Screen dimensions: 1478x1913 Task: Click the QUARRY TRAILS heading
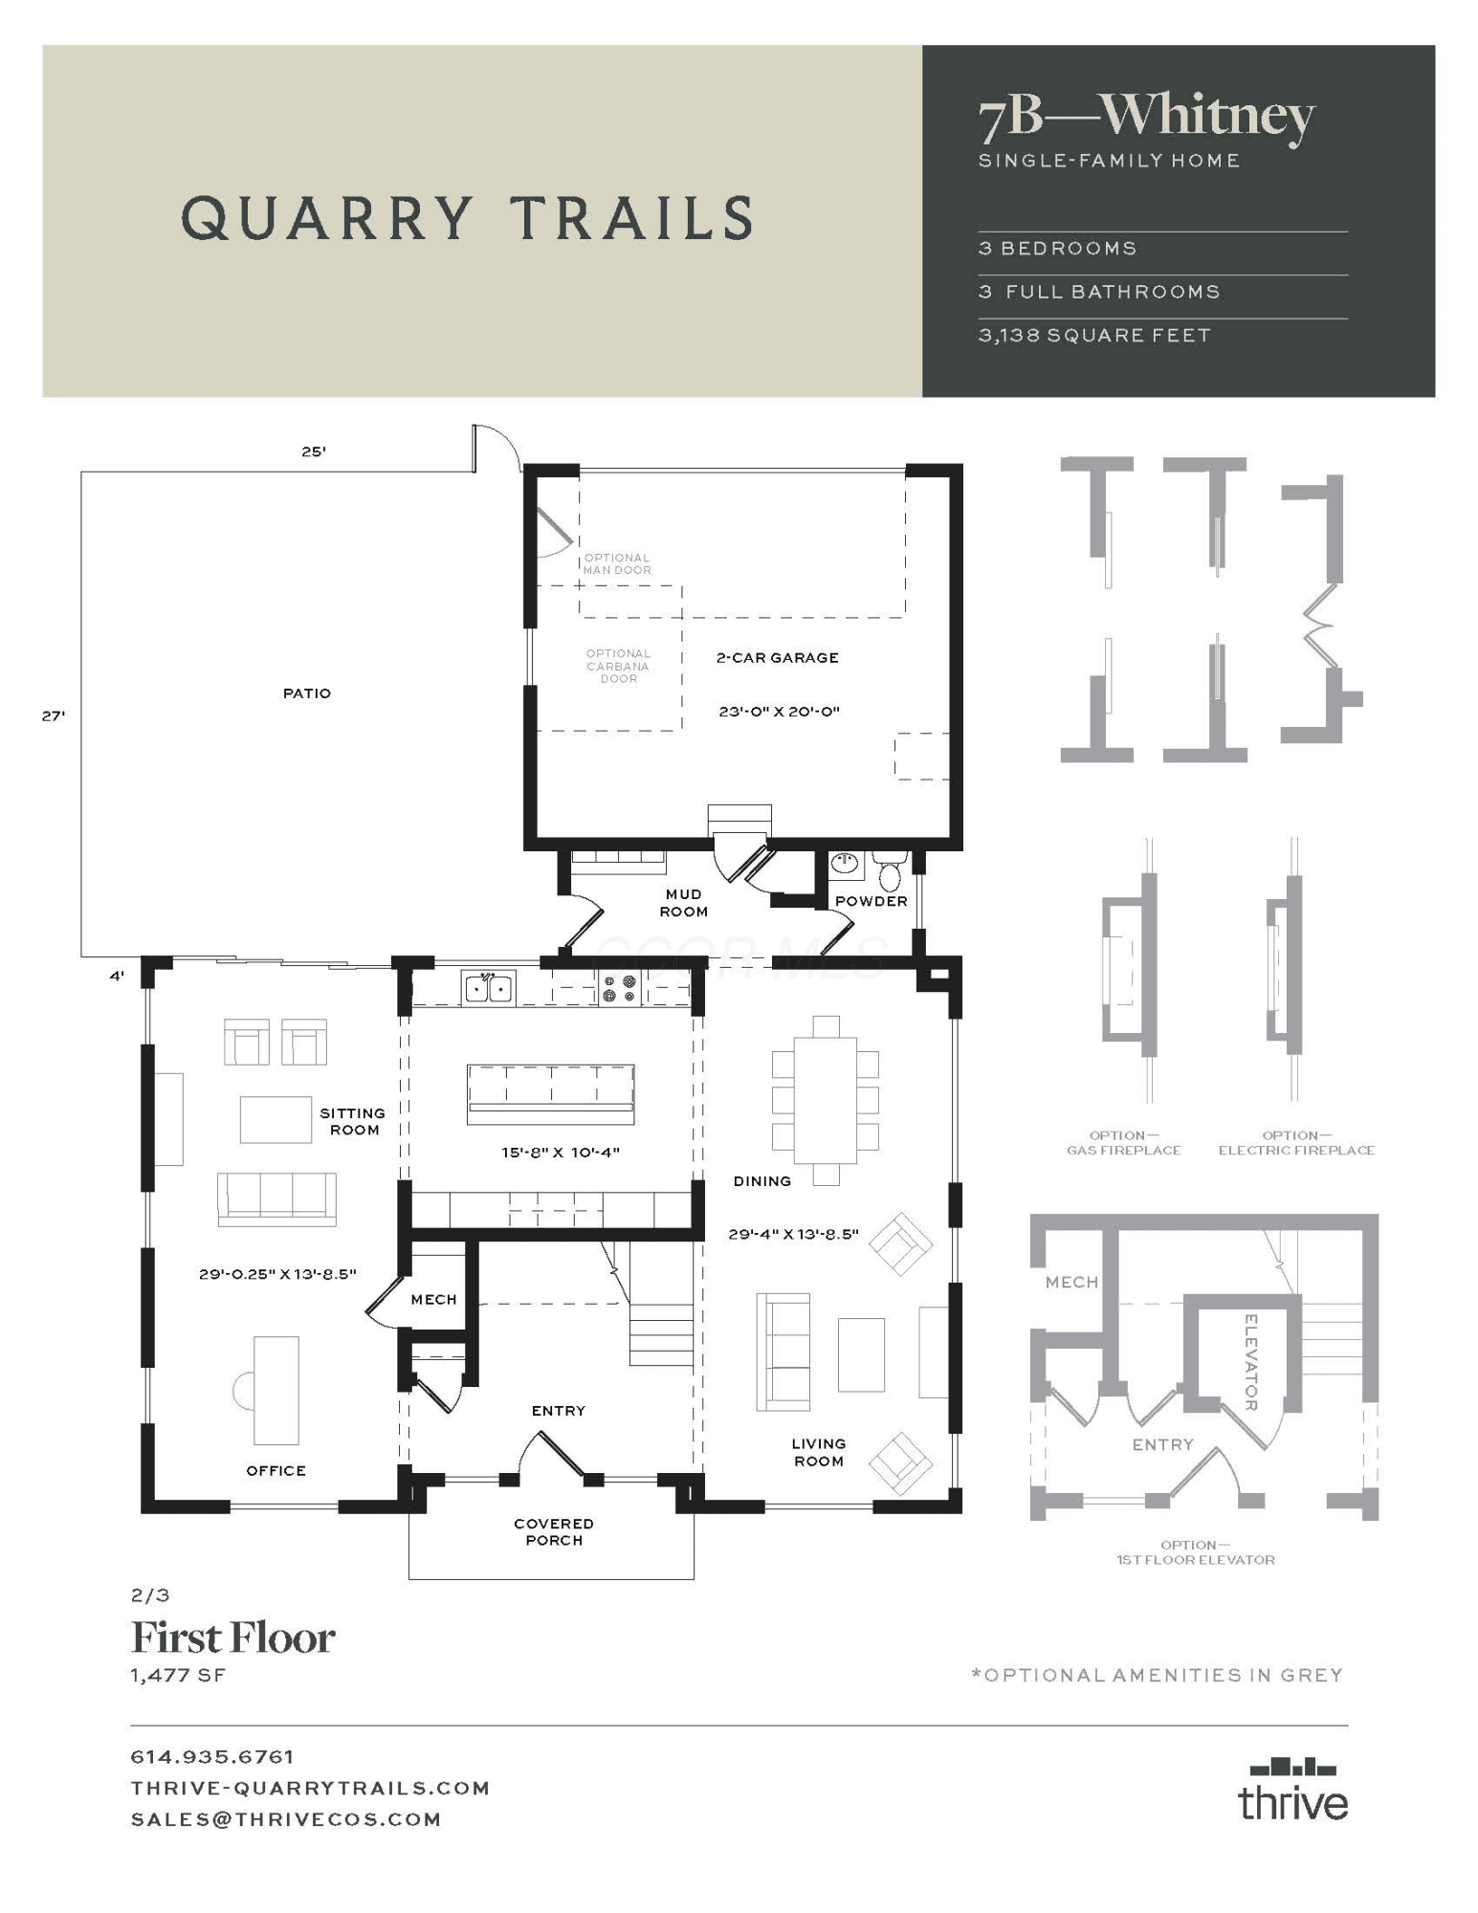(467, 218)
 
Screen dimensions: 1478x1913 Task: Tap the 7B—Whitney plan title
(1146, 118)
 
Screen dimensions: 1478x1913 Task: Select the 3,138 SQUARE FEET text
(1094, 336)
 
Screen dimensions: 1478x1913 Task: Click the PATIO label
(307, 693)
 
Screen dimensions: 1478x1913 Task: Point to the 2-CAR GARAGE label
(778, 658)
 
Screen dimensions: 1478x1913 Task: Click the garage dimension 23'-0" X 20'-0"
(780, 712)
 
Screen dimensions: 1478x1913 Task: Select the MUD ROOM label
(684, 903)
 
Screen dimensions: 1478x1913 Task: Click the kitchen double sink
(489, 987)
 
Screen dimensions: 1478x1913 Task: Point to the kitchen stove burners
(619, 988)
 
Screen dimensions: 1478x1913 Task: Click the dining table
(826, 1100)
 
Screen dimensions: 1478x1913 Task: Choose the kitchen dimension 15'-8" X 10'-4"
(561, 1153)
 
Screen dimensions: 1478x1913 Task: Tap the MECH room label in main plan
(433, 1300)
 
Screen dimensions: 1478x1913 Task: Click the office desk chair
(243, 1390)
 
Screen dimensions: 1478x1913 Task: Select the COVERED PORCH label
(554, 1531)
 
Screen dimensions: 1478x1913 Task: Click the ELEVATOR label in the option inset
(1250, 1361)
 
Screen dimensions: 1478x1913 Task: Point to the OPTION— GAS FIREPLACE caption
(1124, 1143)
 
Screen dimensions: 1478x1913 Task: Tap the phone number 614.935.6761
(212, 1756)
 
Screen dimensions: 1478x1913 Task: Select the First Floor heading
(232, 1638)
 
